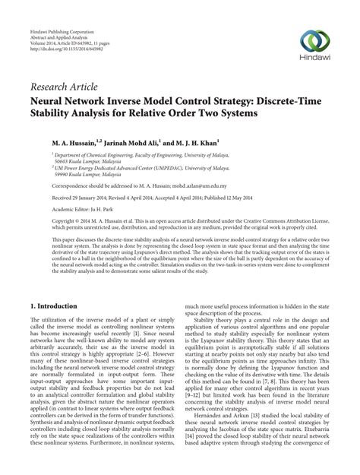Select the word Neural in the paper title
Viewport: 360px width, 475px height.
click(50, 100)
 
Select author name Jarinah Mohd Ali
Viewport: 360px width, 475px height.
click(125, 142)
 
